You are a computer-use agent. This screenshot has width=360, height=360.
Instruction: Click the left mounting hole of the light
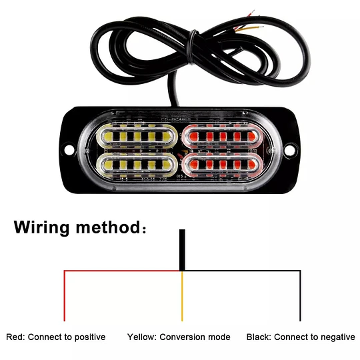click(69, 150)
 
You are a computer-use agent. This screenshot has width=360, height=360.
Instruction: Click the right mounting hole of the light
click(289, 150)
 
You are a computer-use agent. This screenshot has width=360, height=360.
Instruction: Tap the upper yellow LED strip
click(137, 137)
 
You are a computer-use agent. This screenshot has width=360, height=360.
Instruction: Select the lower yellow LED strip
click(137, 165)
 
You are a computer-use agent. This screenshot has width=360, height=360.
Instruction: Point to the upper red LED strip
click(223, 137)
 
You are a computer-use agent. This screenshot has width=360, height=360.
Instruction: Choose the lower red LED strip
click(223, 165)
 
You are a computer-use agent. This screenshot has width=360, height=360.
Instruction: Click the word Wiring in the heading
click(41, 228)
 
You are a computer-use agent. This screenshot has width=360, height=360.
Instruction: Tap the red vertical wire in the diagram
click(65, 296)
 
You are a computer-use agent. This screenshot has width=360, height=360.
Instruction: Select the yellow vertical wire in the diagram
click(182, 296)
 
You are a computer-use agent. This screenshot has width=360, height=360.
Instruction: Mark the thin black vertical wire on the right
click(300, 296)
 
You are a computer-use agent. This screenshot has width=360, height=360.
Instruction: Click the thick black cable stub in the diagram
click(182, 250)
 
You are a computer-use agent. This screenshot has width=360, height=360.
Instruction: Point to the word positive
click(90, 337)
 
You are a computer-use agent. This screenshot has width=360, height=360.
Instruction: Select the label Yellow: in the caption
click(142, 337)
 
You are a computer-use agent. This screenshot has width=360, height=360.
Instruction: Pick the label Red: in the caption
click(15, 337)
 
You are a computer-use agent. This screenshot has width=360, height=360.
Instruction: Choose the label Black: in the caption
click(259, 337)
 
